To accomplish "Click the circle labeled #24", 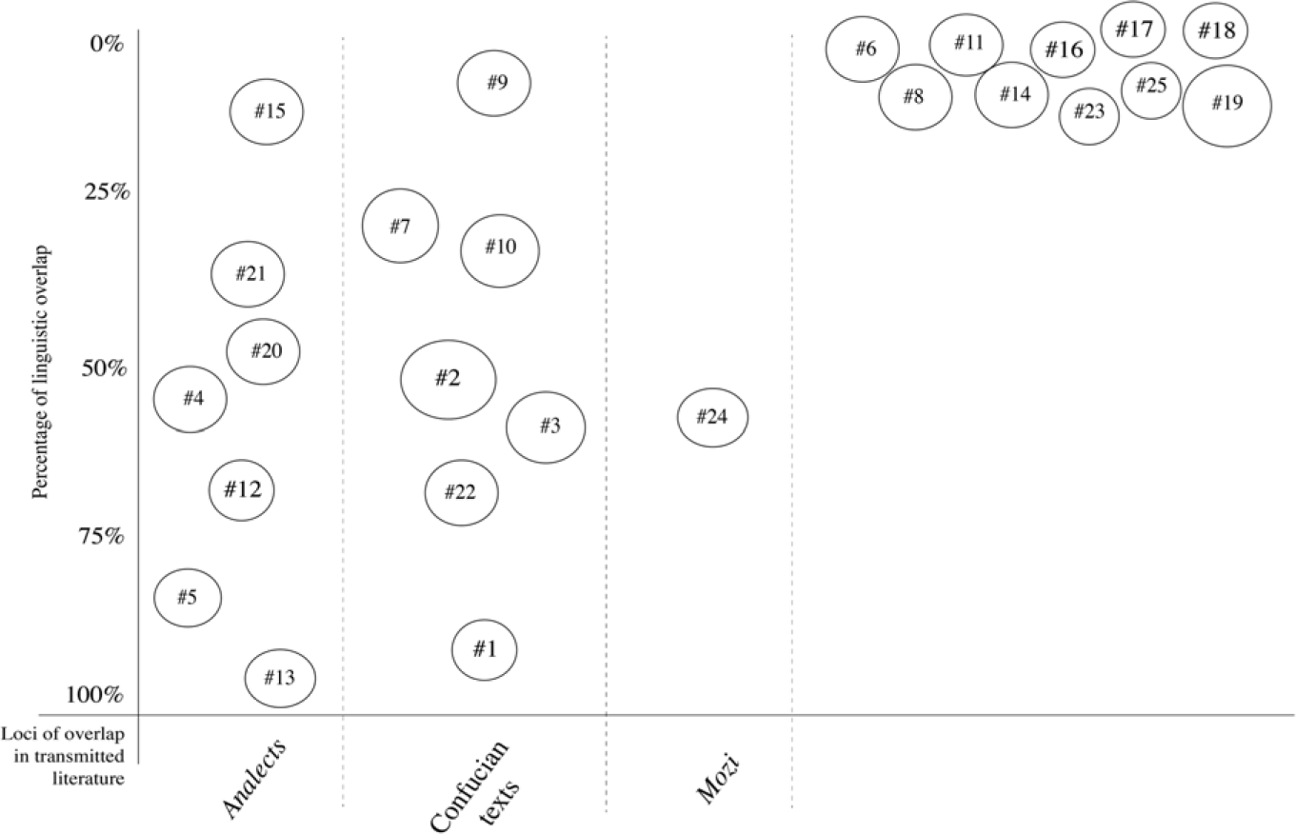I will pos(712,417).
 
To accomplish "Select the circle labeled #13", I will pos(280,678).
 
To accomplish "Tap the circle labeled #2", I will pos(448,379).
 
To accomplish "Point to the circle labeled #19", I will pos(1226,105).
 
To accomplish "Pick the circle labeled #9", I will pos(493,83).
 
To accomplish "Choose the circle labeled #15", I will pos(267,111).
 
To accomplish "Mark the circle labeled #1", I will pos(484,649).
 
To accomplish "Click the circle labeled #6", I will pos(863,50).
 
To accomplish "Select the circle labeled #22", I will pos(461,492).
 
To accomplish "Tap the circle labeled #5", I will pos(188,598).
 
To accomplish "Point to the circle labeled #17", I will pos(1133,30).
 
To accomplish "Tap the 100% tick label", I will pos(94,694).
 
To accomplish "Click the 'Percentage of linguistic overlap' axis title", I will pos(40,372).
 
